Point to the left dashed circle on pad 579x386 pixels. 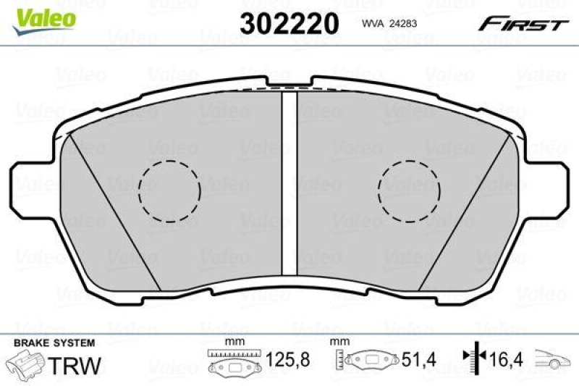point(169,190)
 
